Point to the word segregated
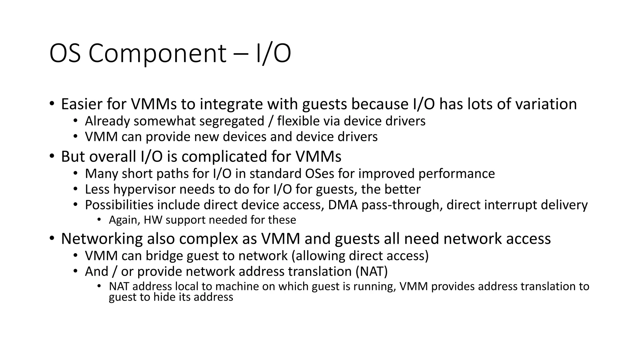click(x=232, y=121)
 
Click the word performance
click(x=457, y=174)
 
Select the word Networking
click(x=102, y=239)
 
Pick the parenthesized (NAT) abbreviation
click(x=372, y=272)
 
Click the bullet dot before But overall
click(x=52, y=156)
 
